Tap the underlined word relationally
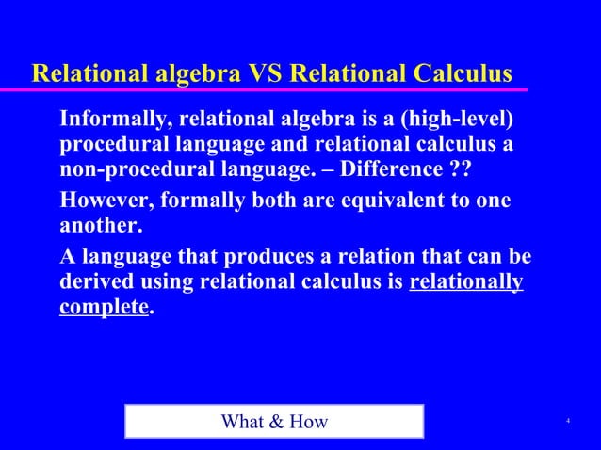click(466, 281)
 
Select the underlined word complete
click(104, 307)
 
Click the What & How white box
click(274, 421)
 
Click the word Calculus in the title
click(454, 73)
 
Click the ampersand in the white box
click(277, 421)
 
